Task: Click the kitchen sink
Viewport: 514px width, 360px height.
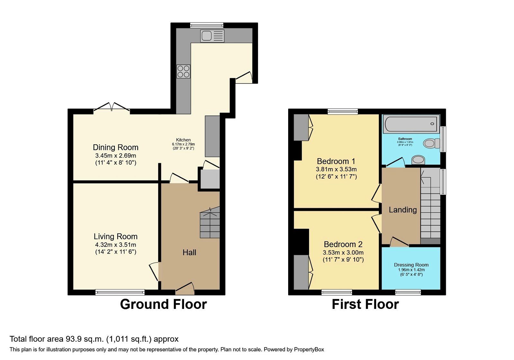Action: (212, 36)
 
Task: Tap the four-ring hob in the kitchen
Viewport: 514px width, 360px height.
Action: (183, 71)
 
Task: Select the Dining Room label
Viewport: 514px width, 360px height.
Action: (116, 148)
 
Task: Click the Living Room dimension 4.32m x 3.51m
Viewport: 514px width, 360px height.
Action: (116, 245)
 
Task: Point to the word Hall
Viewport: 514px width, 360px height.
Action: (189, 253)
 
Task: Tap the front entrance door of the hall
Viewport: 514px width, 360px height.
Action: (185, 289)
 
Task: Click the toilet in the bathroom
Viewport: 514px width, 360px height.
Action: (431, 143)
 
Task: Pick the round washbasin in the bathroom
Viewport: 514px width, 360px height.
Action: (418, 159)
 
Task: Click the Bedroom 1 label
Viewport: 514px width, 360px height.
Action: (336, 161)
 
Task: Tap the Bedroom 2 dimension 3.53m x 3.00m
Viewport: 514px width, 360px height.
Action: (343, 253)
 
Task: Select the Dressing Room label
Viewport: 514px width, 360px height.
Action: (411, 265)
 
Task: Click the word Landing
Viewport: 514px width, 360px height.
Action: (403, 210)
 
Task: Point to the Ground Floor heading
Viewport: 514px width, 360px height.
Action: (163, 304)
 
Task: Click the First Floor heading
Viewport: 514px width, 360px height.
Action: (365, 304)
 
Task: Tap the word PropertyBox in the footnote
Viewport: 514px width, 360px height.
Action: (309, 350)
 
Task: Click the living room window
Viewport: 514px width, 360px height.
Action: (120, 292)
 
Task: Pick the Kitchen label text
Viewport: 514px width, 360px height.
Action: (183, 140)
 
